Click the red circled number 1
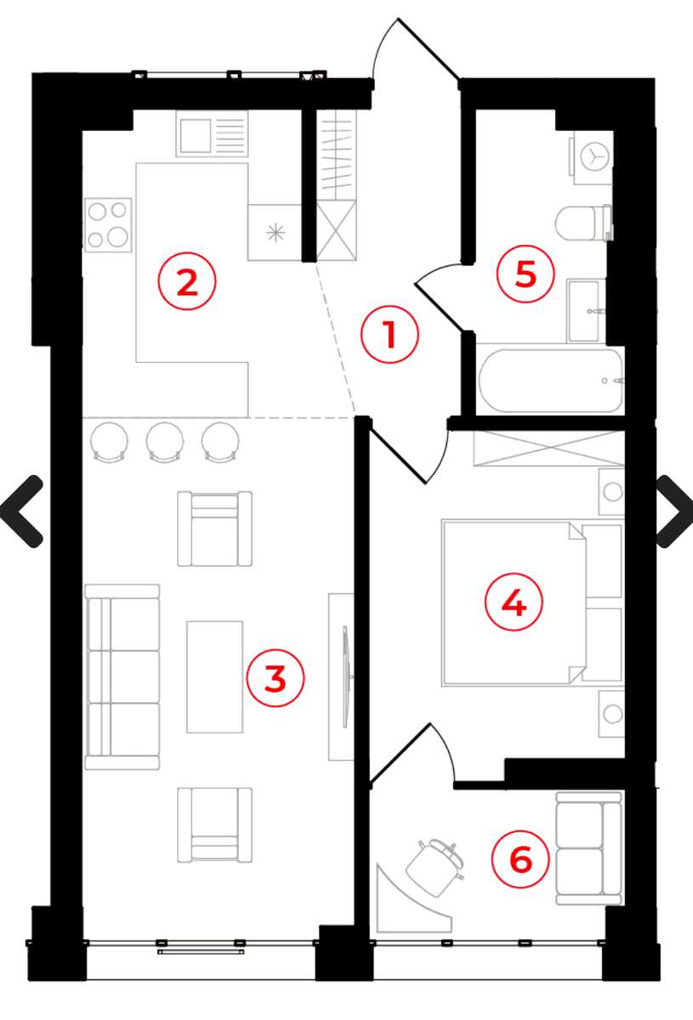[x=389, y=334]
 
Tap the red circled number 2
[x=187, y=282]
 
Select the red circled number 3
[x=275, y=677]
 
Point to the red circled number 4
[x=514, y=602]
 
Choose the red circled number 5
[x=525, y=274]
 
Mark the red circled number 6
[x=520, y=858]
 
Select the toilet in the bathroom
[x=583, y=223]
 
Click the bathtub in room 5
[x=551, y=381]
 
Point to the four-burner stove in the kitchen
[x=108, y=225]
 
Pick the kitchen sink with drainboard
[x=213, y=134]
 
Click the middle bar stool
[x=165, y=442]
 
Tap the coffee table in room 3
[x=214, y=677]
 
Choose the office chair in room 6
[x=435, y=867]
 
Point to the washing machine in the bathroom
[x=592, y=157]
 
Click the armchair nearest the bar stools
[x=214, y=529]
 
